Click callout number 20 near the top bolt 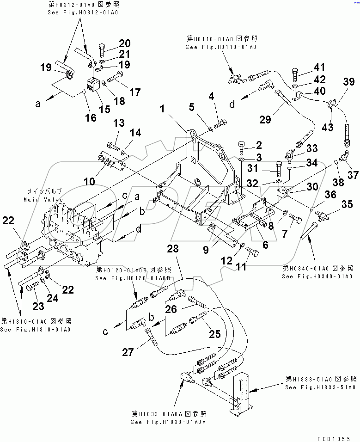click(124, 44)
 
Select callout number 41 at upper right click(320, 68)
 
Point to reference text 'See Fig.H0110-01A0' click(221, 47)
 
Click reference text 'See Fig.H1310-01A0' click(35, 330)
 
